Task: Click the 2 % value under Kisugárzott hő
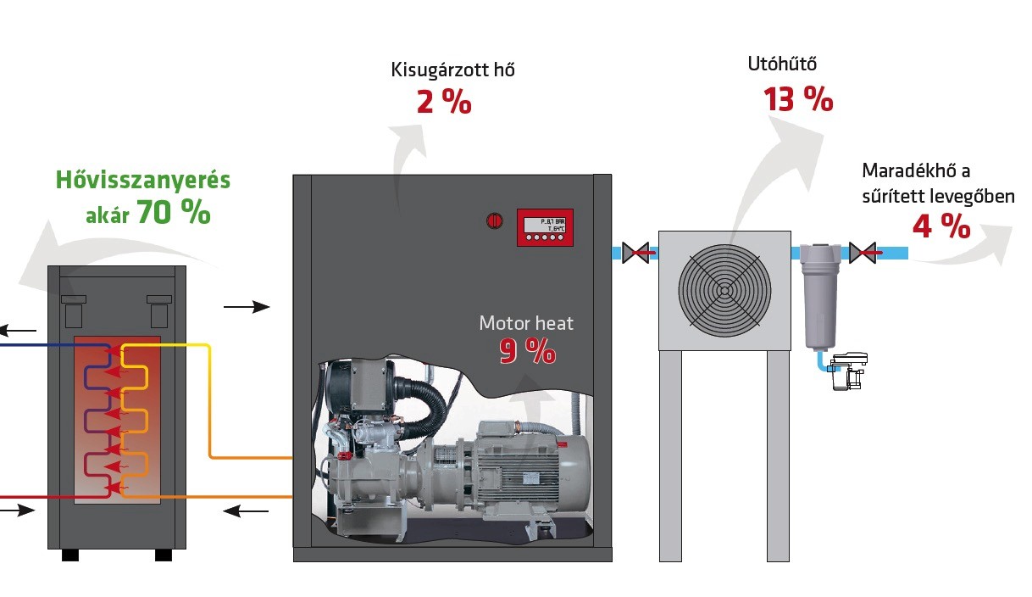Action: pos(443,103)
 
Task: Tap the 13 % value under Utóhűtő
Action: pos(798,99)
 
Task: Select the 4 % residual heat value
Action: pos(940,226)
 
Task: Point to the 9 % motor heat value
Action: pos(527,350)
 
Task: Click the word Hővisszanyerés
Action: pos(142,181)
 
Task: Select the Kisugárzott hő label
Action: pos(452,70)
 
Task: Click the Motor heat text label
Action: pos(525,323)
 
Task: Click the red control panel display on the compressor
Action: pos(545,227)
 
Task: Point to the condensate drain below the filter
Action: pos(846,371)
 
